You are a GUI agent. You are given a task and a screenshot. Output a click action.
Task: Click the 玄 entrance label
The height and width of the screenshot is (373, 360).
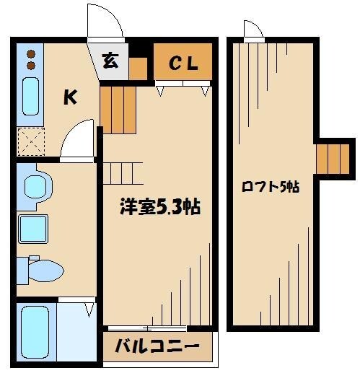click(110, 61)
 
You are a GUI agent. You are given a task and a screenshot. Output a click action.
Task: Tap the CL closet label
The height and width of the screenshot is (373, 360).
click(183, 63)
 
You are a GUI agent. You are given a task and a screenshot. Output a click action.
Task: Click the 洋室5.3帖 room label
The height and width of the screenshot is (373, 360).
click(159, 207)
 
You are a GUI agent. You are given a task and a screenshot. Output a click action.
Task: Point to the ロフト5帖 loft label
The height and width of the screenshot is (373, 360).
click(270, 187)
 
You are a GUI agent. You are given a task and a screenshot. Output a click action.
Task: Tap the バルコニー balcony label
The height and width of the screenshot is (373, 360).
click(157, 347)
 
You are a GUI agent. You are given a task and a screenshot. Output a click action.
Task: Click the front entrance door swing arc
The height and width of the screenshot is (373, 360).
click(103, 22)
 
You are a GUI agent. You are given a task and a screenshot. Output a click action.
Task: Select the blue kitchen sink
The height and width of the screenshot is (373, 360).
click(30, 95)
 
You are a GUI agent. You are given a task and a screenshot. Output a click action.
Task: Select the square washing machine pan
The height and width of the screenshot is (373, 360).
click(33, 228)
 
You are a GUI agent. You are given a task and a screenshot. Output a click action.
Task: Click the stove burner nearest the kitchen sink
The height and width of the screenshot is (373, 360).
click(30, 65)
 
